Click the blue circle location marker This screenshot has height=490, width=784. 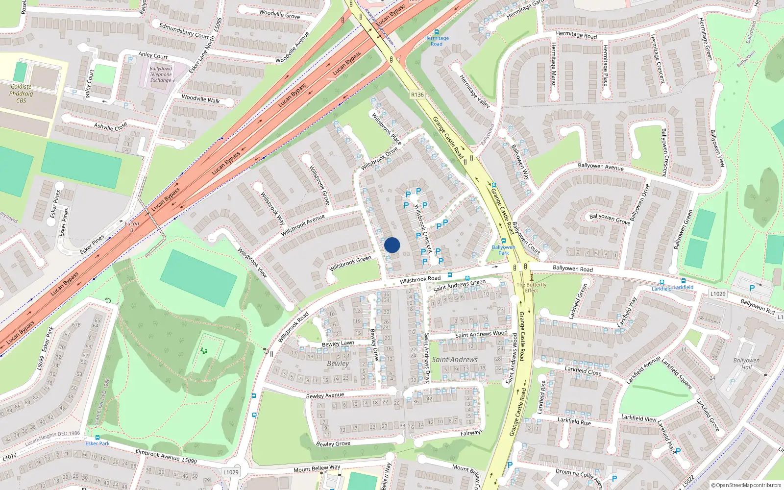coord(392,245)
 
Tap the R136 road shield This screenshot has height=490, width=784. coord(417,95)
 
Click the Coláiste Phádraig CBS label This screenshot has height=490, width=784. coord(21,94)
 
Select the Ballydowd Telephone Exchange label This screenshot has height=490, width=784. coord(161,74)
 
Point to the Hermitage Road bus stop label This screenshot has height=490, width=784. coord(436,41)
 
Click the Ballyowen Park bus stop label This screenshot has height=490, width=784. coord(504,250)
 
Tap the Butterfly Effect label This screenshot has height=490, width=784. coord(531,287)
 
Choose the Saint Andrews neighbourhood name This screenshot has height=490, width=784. coord(454,360)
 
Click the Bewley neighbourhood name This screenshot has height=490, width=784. coord(338,364)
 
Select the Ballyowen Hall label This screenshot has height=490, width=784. coord(746,364)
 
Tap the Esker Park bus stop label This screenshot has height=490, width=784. coord(98,443)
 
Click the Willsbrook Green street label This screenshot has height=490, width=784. coord(350,263)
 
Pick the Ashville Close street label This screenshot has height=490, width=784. coord(110,126)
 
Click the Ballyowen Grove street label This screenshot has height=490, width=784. coord(610,219)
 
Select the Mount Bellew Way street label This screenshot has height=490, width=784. coord(317,469)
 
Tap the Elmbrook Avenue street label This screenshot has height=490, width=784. coord(158,455)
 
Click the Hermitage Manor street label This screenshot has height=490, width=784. coord(554,65)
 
